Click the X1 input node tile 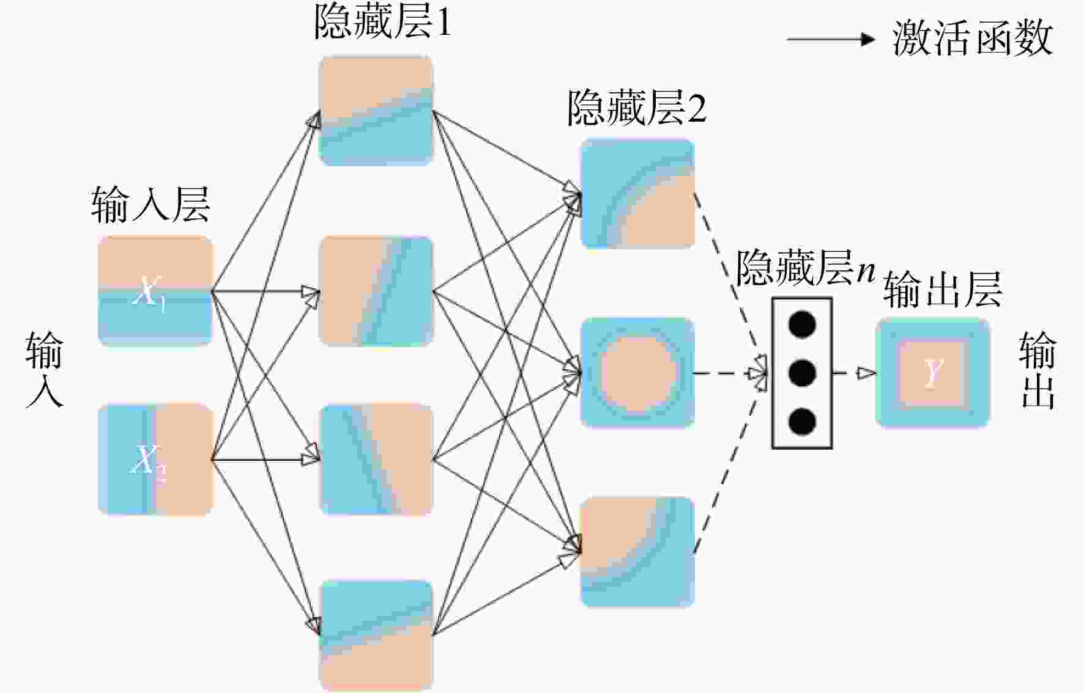tap(155, 291)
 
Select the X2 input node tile tap(155, 459)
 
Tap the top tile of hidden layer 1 tap(376, 111)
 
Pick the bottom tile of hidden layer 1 tap(376, 636)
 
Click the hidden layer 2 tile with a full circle tap(637, 372)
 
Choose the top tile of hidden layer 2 tap(637, 194)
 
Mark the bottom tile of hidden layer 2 tap(637, 552)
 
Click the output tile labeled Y tap(932, 372)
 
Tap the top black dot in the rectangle tap(802, 324)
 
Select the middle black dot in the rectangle tap(802, 373)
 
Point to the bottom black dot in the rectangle tap(802, 422)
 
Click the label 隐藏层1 tap(383, 23)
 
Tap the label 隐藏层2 tap(637, 108)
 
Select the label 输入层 tap(150, 204)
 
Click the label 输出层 tap(943, 289)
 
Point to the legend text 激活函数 tap(973, 38)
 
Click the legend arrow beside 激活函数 tap(831, 40)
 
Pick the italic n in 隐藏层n tap(866, 270)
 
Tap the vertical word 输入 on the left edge tap(44, 370)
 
